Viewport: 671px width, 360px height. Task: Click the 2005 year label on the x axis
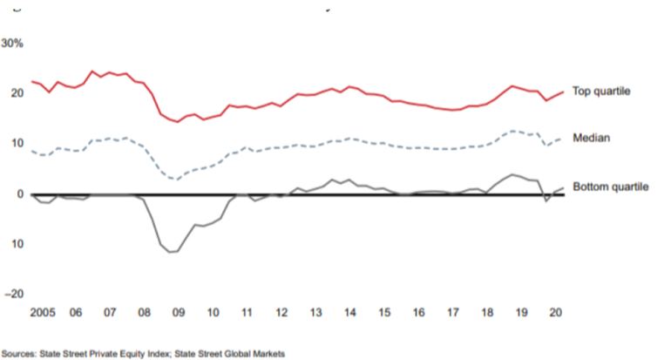[x=43, y=311]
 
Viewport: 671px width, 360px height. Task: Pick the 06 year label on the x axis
[x=75, y=311]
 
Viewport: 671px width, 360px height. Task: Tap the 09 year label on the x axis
[x=179, y=311]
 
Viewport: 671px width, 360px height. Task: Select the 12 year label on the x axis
[x=282, y=311]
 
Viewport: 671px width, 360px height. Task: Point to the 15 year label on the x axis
[x=384, y=311]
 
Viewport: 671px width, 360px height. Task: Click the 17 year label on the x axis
[x=453, y=311]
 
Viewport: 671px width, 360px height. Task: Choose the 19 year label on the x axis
[x=522, y=311]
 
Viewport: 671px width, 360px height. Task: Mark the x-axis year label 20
[x=555, y=311]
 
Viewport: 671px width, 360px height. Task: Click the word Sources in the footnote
[x=19, y=353]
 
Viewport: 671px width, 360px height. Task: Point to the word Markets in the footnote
[x=268, y=353]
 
